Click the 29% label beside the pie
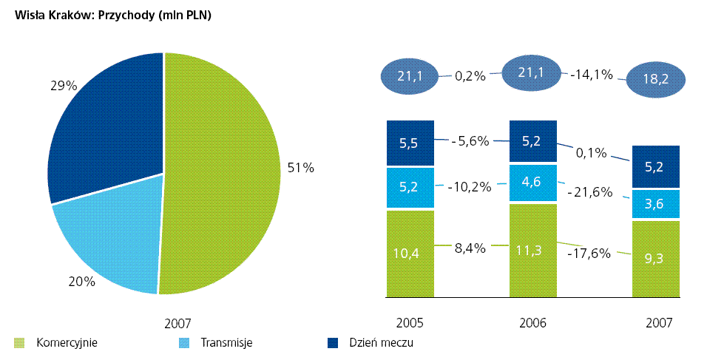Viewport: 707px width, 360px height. click(64, 86)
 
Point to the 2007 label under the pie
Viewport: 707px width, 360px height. click(178, 323)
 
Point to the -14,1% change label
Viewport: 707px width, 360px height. click(592, 75)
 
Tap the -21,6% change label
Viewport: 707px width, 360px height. click(589, 192)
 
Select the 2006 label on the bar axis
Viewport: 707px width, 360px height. click(532, 323)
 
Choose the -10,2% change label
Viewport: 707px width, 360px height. click(470, 187)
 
